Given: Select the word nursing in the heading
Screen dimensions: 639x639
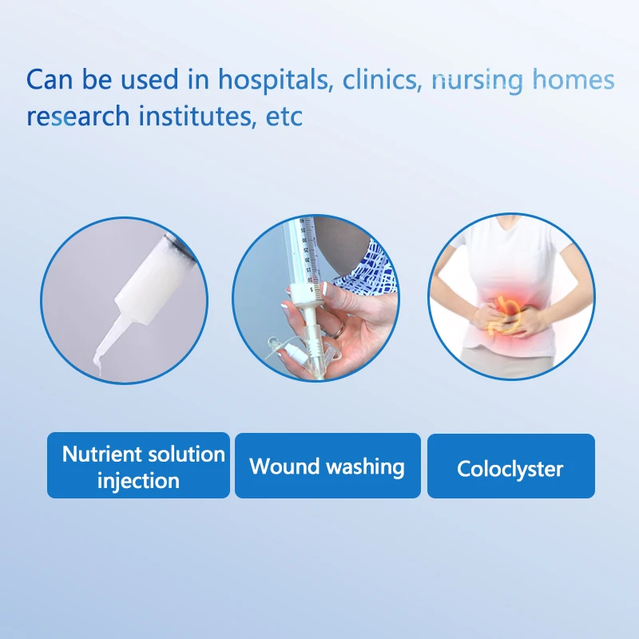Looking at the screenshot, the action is pos(477,81).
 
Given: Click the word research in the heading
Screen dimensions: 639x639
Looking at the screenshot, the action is pos(77,116).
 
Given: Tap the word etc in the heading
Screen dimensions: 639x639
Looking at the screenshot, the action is pos(284,117).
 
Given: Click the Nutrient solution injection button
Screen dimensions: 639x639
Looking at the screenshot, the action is pos(138,465).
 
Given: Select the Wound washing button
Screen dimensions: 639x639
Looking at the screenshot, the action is pos(327,466).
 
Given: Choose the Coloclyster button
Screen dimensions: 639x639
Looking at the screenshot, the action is pos(511,466).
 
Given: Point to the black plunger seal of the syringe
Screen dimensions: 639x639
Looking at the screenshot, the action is pos(180,248).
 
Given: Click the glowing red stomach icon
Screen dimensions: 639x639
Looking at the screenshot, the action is pos(503,315).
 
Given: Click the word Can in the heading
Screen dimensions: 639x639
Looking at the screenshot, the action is pos(50,79).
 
